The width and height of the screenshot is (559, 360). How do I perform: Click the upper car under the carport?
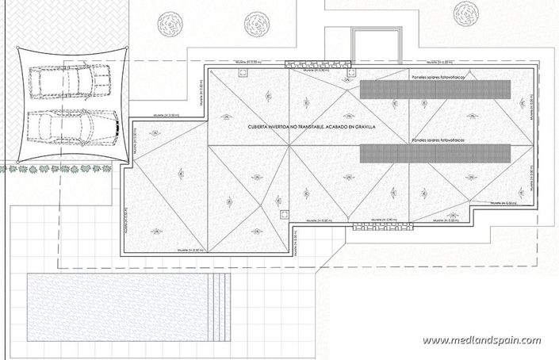tap(71, 81)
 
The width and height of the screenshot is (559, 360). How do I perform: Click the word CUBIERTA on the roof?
tap(262, 128)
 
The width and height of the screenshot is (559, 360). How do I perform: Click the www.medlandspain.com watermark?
tap(481, 341)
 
